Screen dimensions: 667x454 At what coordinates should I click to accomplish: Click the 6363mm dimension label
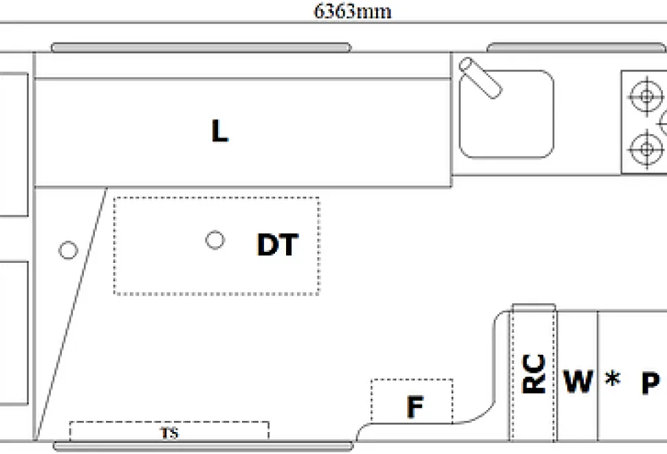pos(352,11)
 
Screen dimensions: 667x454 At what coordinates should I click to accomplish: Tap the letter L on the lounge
pos(219,131)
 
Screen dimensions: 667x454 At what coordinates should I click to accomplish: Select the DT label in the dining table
pos(278,244)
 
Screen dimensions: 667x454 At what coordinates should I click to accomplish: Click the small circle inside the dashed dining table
pos(215,240)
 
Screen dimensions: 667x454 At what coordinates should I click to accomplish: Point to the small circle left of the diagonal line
pos(68,250)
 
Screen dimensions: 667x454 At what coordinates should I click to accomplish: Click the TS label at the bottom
pos(169,433)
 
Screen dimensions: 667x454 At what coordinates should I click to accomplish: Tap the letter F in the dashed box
pos(415,407)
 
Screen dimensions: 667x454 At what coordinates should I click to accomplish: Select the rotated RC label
pos(534,374)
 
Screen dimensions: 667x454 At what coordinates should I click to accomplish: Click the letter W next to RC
pos(578,381)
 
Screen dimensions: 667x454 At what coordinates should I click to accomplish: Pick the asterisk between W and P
pos(613,378)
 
